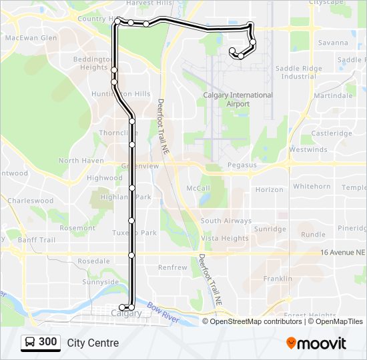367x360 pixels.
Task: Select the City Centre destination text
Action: tap(93, 343)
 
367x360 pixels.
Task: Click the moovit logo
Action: tap(316, 343)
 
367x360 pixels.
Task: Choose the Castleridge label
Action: tap(331, 133)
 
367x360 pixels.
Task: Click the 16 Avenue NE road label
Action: tap(343, 253)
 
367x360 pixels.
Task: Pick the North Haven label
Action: tap(81, 161)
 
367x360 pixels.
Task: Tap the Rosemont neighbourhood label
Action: tap(77, 228)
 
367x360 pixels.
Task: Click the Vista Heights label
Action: tap(225, 239)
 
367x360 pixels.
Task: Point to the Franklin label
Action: tap(278, 279)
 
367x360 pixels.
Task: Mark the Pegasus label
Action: tap(242, 165)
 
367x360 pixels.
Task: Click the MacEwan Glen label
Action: tap(31, 38)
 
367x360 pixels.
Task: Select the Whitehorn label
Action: tap(312, 187)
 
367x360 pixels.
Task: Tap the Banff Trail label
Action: tap(37, 240)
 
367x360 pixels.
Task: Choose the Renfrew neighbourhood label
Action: tap(172, 267)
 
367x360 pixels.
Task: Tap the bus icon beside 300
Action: tap(30, 342)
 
